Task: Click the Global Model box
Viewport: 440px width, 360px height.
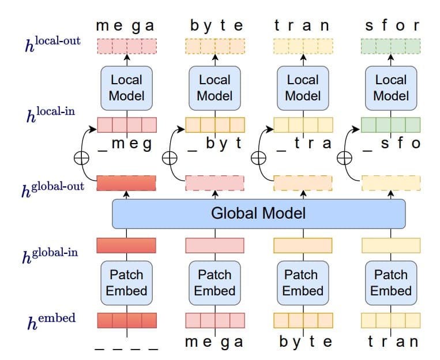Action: [258, 213]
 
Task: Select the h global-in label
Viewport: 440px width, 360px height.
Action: [51, 253]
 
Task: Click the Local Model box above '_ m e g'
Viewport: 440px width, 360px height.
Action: [126, 88]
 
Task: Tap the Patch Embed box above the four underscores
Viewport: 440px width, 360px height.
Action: [126, 283]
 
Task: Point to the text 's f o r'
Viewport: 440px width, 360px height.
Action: [392, 26]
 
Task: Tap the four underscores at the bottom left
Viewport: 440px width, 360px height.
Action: [126, 347]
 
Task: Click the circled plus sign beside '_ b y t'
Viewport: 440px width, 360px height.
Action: [170, 157]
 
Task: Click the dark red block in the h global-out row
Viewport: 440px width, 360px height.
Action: [126, 183]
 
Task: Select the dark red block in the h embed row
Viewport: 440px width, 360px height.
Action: [126, 320]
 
